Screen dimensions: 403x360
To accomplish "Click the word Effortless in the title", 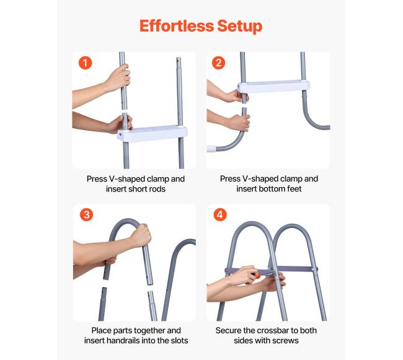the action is coord(177,26).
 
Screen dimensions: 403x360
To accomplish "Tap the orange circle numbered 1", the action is coord(86,63).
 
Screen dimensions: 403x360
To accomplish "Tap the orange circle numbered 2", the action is coord(218,63).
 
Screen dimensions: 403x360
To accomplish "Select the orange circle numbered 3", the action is coord(86,214).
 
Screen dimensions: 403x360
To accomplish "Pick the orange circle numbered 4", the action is coord(220,214).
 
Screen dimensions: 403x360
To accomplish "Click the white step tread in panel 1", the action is coord(152,133).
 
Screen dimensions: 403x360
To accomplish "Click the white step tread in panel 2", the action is coord(273,86).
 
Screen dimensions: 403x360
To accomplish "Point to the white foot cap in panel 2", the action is coord(211,149).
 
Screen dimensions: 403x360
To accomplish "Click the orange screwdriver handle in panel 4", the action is coord(257,276).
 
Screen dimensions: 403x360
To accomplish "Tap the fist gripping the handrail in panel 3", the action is coord(141,235).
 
